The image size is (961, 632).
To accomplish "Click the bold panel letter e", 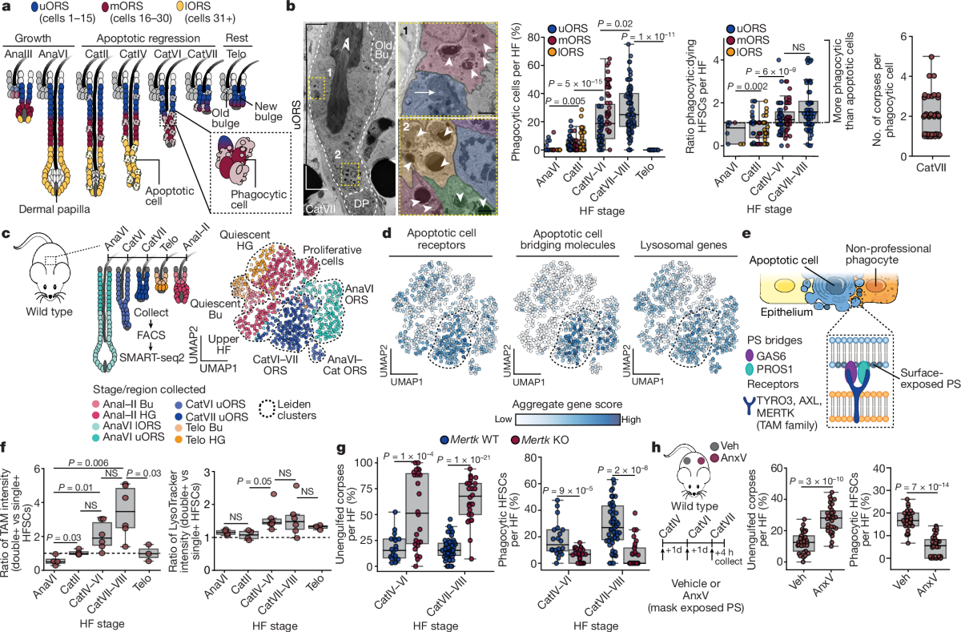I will coord(748,235).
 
